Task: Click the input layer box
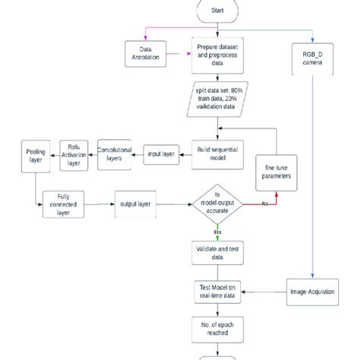161,153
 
